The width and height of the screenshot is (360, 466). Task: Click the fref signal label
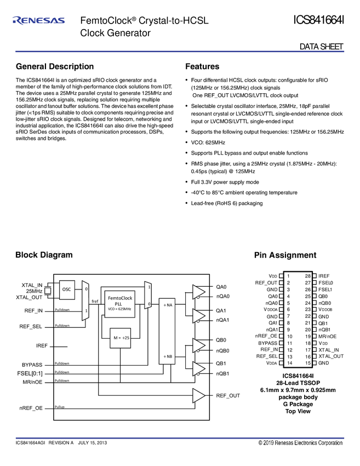pos(95,301)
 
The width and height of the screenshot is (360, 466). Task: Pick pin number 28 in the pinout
pos(308,276)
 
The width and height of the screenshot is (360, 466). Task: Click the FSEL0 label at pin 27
pos(327,282)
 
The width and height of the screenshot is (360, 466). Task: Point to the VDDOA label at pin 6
pos(268,309)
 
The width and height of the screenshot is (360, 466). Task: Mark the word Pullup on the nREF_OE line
pos(60,407)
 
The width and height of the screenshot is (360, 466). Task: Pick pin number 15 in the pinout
pos(308,363)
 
